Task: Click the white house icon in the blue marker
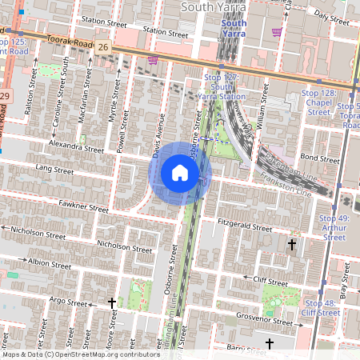tap(180, 173)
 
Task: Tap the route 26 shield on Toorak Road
tap(104, 48)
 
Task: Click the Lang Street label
tap(55, 168)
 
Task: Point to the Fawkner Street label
tap(82, 207)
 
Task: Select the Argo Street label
tap(67, 302)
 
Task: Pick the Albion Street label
tap(50, 262)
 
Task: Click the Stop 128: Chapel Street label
tap(318, 103)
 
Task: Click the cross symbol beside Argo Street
tap(112, 303)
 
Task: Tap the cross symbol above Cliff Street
tap(292, 244)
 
